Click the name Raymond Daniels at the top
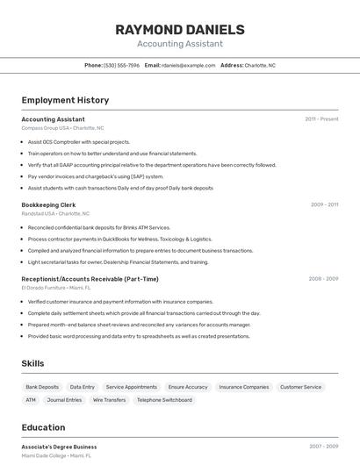pos(180,30)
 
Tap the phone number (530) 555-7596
pos(121,65)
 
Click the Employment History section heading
pos(65,100)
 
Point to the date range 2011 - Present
pos(321,119)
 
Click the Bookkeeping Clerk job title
pos(48,204)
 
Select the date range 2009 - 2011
pos(324,204)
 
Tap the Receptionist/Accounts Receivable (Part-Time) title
pos(90,279)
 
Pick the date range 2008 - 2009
pos(323,279)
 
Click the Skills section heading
pos(33,363)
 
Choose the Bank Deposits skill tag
pos(42,387)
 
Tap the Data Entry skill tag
pos(83,387)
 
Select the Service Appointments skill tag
pos(132,387)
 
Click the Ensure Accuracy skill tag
pos(188,387)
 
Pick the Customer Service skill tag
pos(300,387)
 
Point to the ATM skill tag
pos(31,400)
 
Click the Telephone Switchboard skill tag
pos(164,400)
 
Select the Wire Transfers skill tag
pos(109,400)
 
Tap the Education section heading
pos(43,428)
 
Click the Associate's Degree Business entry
pos(59,447)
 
